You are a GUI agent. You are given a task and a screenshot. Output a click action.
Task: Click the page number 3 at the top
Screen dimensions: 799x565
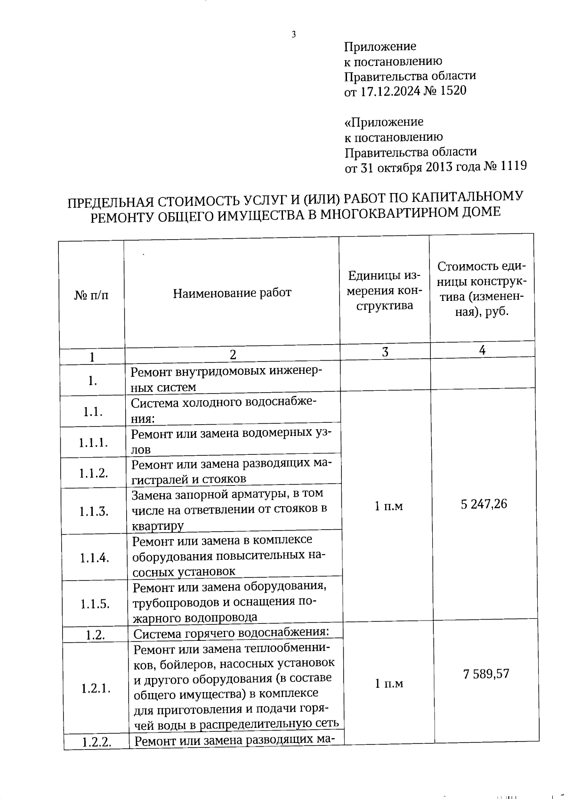[294, 34]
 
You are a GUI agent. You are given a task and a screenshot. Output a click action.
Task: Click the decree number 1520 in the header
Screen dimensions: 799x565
[453, 90]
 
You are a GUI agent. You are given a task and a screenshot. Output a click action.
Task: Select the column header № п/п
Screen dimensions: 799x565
[91, 295]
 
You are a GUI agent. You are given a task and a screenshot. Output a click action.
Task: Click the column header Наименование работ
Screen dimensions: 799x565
[232, 293]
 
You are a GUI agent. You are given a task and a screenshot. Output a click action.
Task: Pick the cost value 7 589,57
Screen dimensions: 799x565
[486, 674]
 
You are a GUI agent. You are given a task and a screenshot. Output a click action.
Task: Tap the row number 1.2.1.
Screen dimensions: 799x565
[96, 688]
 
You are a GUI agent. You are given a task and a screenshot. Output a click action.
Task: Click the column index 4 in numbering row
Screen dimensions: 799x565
[482, 350]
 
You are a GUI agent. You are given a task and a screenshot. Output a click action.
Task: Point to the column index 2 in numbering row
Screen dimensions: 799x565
[233, 355]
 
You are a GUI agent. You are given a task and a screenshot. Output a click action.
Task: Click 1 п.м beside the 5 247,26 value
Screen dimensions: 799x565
[388, 506]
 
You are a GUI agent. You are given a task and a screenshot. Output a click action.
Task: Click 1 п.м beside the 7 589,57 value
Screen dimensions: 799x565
[389, 684]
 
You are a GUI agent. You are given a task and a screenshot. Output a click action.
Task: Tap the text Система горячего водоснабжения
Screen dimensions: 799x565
[231, 633]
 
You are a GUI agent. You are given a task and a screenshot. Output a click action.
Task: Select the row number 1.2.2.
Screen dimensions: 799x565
[97, 743]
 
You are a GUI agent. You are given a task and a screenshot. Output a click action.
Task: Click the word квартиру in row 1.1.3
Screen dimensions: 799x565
[158, 525]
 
